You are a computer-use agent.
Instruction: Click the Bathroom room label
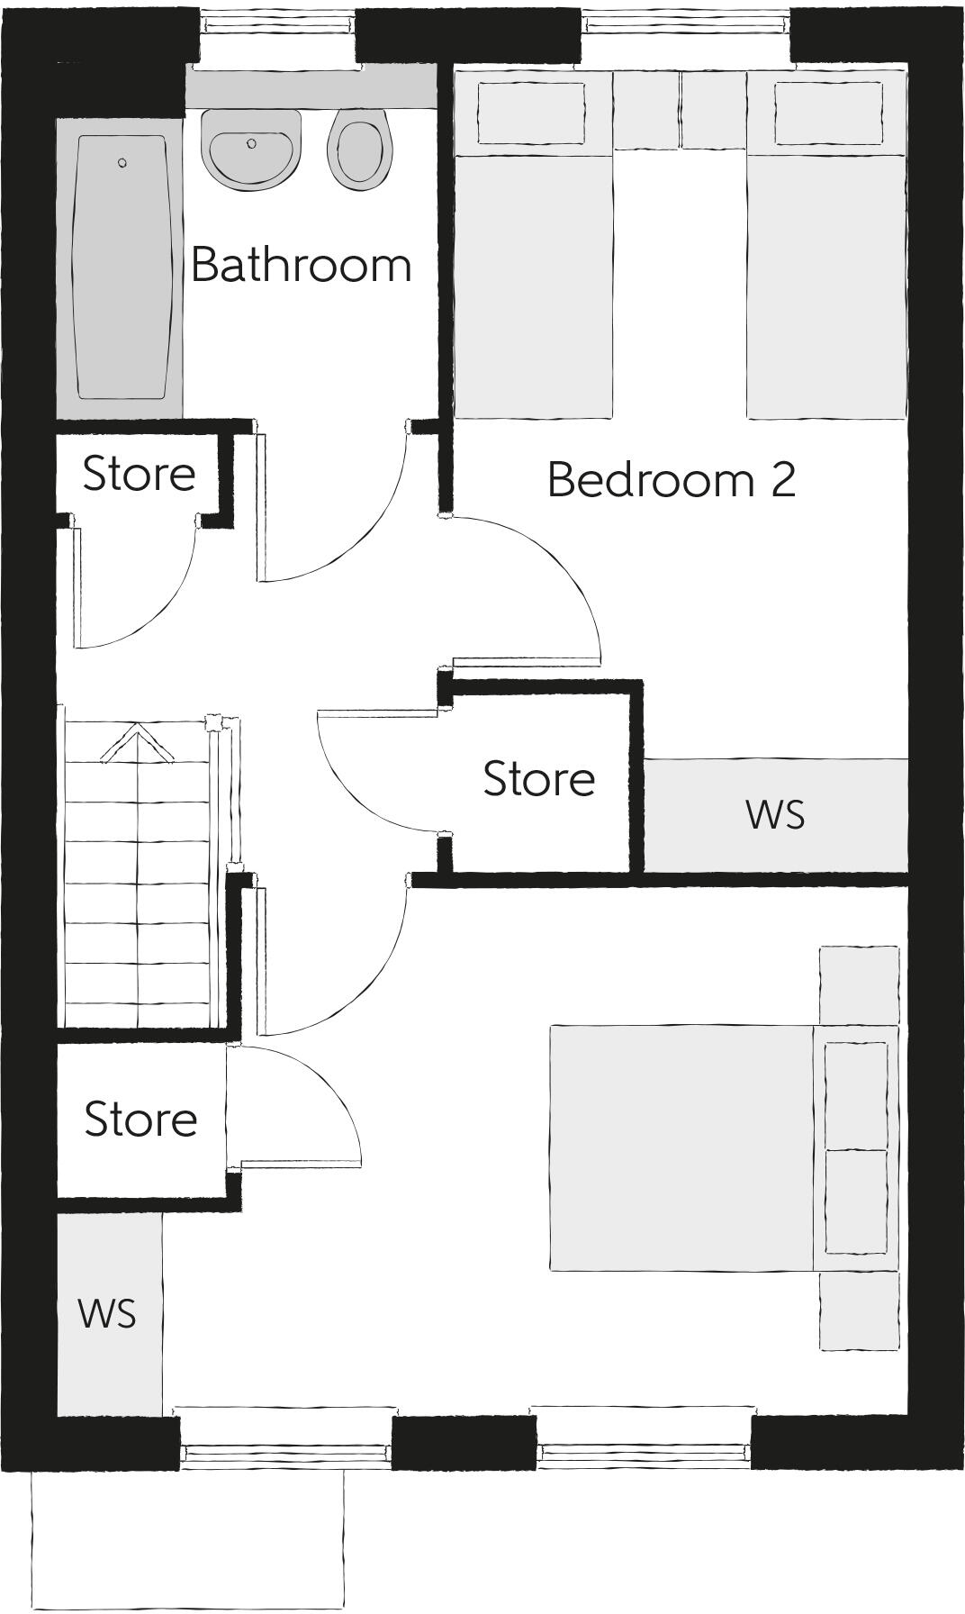coord(301,265)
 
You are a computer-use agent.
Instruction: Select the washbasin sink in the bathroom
coord(250,149)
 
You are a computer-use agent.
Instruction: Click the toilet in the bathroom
coord(362,149)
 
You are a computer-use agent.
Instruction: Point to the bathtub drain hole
coord(122,163)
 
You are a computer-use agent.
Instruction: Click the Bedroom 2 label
coord(671,479)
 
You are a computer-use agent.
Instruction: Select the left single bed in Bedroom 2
coord(533,270)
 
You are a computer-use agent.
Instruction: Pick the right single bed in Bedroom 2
coord(826,270)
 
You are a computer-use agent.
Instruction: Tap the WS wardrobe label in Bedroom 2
coord(774,814)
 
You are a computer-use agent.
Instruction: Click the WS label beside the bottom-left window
coord(107,1314)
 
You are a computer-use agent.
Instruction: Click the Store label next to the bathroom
coord(139,474)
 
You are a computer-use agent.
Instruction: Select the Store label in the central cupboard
coord(538,779)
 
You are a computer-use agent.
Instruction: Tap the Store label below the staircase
coord(140,1119)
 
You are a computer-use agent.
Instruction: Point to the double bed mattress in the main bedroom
coord(681,1147)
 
